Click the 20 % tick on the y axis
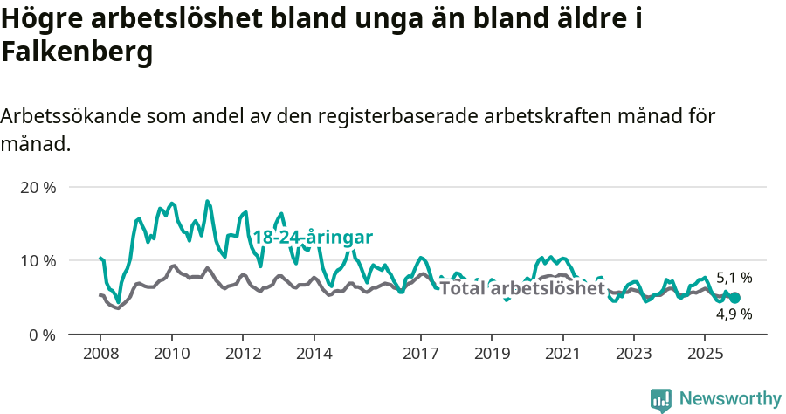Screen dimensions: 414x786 click(x=38, y=188)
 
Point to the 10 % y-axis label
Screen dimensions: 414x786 click(x=38, y=261)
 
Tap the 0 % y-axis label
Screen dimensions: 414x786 click(x=41, y=335)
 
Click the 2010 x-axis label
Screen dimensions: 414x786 click(x=171, y=355)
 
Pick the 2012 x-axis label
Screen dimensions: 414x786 click(x=243, y=355)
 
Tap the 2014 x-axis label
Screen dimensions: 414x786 click(x=314, y=355)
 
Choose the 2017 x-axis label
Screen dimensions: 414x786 click(x=421, y=355)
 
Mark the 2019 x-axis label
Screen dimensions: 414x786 click(x=492, y=355)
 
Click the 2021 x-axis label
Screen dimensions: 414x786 click(x=563, y=355)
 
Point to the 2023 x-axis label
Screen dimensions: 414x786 click(x=634, y=355)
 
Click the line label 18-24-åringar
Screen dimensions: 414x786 click(x=313, y=238)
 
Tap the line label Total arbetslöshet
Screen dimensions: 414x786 click(x=522, y=288)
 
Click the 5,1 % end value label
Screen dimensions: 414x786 click(x=734, y=278)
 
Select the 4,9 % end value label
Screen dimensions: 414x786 click(x=734, y=314)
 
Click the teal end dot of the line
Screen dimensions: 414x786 click(x=735, y=298)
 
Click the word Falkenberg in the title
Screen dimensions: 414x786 click(x=78, y=52)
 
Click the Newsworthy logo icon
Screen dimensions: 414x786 click(x=661, y=399)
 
